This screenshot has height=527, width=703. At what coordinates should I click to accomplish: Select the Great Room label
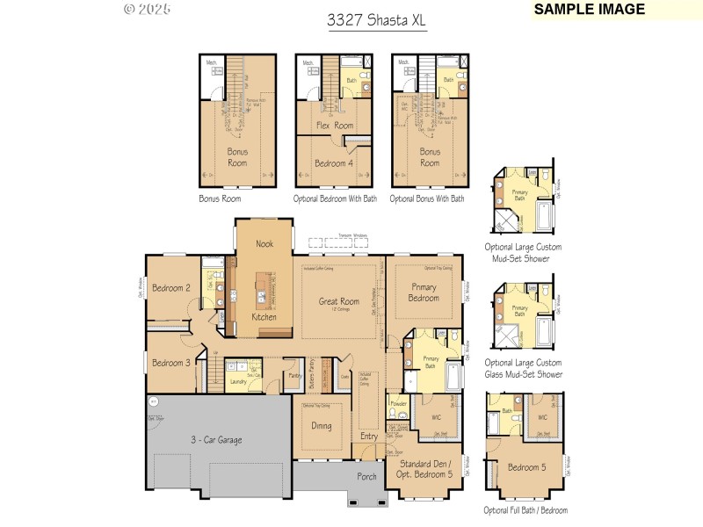tap(338, 301)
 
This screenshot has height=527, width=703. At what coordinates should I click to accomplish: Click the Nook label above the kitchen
tap(265, 243)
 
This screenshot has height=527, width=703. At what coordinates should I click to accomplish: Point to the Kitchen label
tap(265, 316)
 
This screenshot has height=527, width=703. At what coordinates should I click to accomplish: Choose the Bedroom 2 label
tap(170, 288)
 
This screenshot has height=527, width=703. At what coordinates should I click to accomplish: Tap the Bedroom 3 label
tap(170, 363)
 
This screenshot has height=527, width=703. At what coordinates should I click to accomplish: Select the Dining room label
tap(322, 425)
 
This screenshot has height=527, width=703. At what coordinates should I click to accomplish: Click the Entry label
tap(369, 437)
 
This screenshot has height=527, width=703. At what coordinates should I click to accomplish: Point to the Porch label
tap(366, 478)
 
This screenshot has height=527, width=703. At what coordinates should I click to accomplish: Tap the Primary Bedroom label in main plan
tap(424, 292)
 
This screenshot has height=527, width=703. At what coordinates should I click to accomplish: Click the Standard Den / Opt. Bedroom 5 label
tap(426, 469)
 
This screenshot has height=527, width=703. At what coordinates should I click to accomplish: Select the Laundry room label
tap(237, 382)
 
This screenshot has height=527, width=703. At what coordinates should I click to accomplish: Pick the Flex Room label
tap(335, 126)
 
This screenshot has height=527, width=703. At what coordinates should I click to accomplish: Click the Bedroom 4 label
tap(334, 163)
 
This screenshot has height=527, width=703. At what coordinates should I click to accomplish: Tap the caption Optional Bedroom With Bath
tap(335, 199)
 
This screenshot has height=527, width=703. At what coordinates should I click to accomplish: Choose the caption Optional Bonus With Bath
tap(426, 199)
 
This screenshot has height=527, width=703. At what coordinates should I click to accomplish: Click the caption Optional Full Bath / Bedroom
tap(525, 510)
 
